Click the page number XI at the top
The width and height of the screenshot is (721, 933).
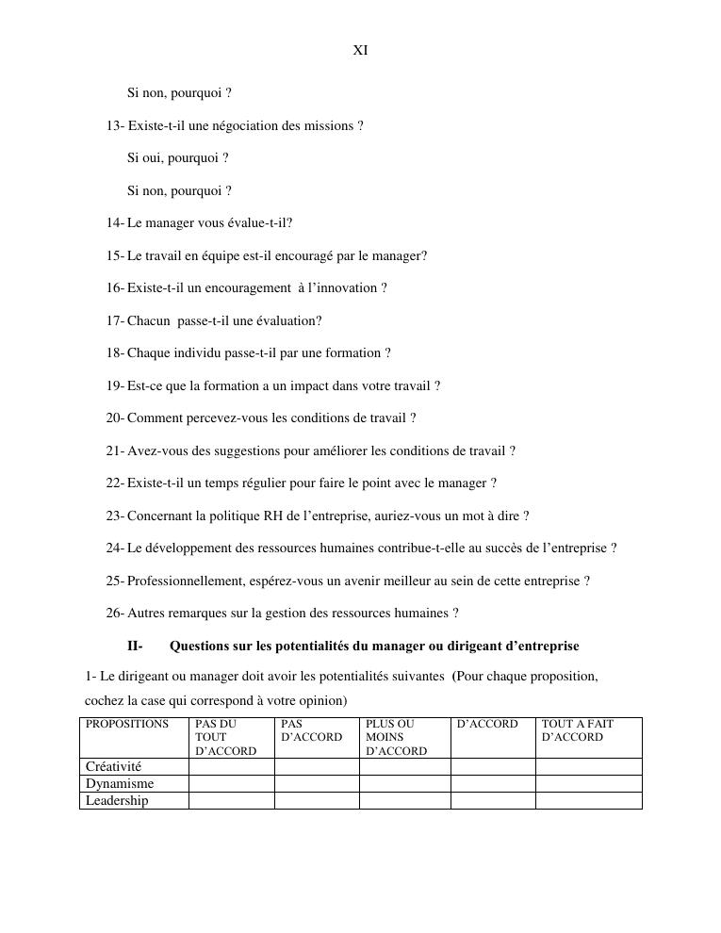click(360, 51)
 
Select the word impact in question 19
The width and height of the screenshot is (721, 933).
click(288, 386)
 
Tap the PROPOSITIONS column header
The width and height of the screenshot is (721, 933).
click(127, 725)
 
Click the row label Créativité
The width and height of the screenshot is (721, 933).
click(114, 767)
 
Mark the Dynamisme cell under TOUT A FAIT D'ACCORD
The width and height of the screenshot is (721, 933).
click(588, 784)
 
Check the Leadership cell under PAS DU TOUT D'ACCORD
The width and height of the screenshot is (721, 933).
click(232, 801)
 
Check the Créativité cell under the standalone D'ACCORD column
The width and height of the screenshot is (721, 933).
click(493, 767)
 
